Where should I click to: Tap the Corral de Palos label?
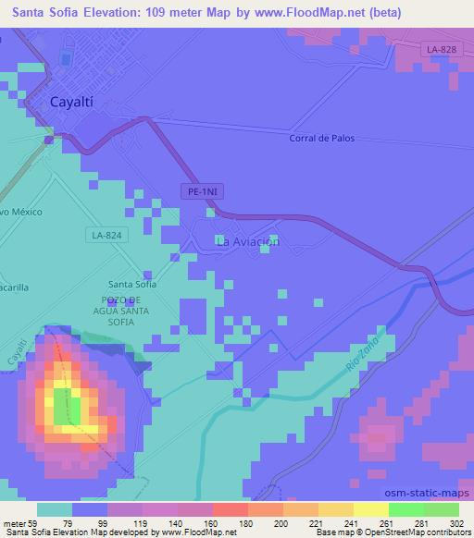321,139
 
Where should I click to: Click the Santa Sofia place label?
131,284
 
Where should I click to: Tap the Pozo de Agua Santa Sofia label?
131,311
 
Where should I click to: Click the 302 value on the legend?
456,522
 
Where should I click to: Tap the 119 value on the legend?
143,522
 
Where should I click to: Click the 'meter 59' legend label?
19,522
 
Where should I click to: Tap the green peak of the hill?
62,406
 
